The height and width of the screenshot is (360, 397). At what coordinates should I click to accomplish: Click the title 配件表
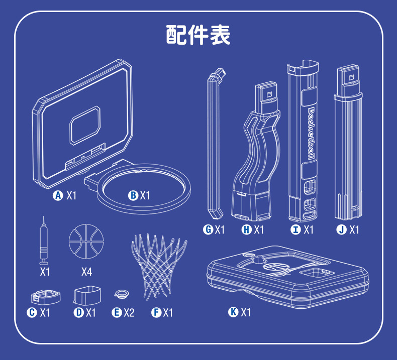pos(198,35)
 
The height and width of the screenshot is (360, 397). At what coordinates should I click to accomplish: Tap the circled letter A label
pos(58,195)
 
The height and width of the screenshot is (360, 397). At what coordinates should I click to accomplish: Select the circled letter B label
pos(133,195)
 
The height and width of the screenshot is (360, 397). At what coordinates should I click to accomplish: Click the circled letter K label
pos(233,312)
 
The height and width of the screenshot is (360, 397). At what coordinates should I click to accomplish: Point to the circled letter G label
pos(208,229)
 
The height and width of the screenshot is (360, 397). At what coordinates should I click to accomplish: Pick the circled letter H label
pos(246,229)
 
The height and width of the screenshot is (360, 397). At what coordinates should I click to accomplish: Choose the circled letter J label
pos(341,229)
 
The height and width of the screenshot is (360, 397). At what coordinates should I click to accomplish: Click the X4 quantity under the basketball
pos(86,272)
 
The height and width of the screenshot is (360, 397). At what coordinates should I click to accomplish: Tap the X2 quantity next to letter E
pos(129,313)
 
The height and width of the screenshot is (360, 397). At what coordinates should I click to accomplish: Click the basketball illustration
pos(86,242)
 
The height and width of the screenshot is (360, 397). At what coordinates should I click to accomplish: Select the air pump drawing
pos(44,241)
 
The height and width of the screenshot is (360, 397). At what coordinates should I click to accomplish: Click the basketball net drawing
pos(159,266)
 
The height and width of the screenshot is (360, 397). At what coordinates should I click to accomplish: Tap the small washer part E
pos(122,294)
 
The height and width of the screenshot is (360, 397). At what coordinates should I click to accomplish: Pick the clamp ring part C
pos(46,297)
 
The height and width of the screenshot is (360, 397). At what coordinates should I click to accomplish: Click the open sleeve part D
pos(87,295)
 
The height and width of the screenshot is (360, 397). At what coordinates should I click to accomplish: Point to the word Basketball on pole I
pos(312,134)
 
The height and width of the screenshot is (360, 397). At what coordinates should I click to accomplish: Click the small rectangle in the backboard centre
pos(85,125)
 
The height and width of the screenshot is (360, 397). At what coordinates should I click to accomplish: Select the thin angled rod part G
pos(215,144)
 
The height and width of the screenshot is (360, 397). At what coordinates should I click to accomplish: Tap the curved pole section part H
pos(256,151)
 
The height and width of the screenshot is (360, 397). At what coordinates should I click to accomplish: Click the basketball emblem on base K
pos(276,268)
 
